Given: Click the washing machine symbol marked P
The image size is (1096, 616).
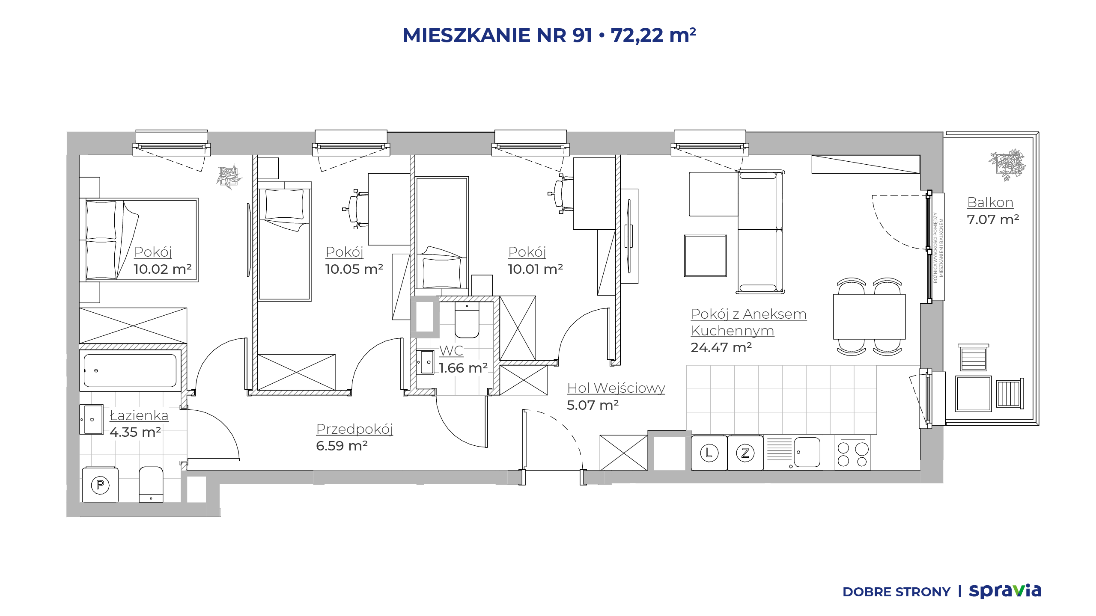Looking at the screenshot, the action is pos(100,485).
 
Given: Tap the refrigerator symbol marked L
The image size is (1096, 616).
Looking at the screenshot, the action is pos(709,453).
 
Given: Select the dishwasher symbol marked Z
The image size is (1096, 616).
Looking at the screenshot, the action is pos(745,453).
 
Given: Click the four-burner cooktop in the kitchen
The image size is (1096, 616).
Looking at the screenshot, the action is pos(853,453).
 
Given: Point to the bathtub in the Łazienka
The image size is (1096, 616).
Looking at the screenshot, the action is pos(130,370).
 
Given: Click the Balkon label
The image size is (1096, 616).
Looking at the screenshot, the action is pos(990,202).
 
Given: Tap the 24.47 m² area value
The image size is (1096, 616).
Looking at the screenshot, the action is pos(721,347).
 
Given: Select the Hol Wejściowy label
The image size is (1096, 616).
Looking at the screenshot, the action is pos(616,388).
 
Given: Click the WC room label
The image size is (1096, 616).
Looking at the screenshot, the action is pos(451,350).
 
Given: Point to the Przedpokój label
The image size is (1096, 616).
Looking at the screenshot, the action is pos(354,429).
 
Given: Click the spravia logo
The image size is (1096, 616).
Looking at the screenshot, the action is pos(1005,591).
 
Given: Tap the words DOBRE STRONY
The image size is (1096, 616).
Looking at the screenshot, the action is pos(896,592).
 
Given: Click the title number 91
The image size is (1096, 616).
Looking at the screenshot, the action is pos(582,35).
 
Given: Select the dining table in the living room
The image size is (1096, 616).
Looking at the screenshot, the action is pos(869,317).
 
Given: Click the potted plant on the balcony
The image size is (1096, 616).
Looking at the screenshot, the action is pos(1007,165).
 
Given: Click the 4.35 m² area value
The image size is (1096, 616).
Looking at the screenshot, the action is pos(135,432).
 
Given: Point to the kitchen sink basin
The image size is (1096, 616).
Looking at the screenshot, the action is pos(807,452).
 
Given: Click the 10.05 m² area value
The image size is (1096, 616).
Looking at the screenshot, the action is pos(354,269).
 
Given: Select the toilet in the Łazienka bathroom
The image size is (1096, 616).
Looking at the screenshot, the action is pos(151,484).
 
